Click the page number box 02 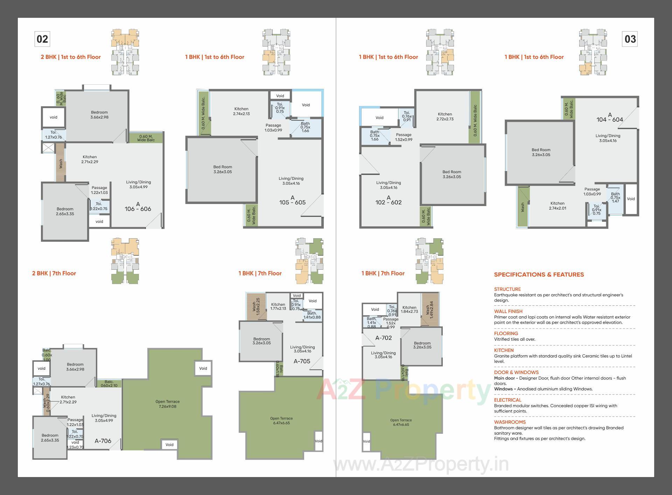tap(42, 39)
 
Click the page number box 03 tap(630, 39)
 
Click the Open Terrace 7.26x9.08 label tap(168, 404)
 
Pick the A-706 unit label tap(103, 441)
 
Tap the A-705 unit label tap(302, 361)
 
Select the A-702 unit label tap(383, 338)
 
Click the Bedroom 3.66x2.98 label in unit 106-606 tap(99, 115)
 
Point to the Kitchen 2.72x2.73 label tap(445, 116)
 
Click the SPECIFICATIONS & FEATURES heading tap(539, 275)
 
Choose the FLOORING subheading tap(506, 333)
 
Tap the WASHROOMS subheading tap(510, 422)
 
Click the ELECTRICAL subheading tap(507, 400)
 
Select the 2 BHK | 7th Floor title tap(54, 273)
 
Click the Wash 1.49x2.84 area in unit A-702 tap(429, 309)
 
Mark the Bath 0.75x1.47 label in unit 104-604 tap(615, 197)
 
